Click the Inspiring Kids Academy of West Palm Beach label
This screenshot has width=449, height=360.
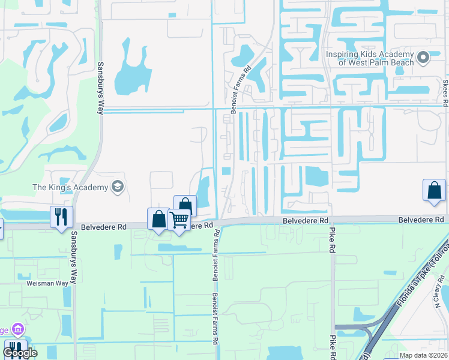[x=369, y=58]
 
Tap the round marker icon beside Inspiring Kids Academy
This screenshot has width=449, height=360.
[x=423, y=58]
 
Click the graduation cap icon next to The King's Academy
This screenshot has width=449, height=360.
[x=116, y=187]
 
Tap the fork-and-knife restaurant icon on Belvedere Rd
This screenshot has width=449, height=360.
[x=61, y=217]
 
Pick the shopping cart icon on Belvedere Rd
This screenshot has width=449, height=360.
[x=179, y=220]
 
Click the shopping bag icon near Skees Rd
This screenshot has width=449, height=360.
[x=434, y=190]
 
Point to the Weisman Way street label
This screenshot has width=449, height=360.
[x=49, y=283]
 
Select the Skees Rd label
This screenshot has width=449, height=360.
[x=445, y=92]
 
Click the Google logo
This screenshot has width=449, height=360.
[x=20, y=353]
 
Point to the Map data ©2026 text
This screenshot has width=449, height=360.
[x=423, y=355]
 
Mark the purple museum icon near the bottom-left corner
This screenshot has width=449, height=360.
[x=17, y=329]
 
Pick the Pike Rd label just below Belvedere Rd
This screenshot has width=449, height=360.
[x=331, y=242]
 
